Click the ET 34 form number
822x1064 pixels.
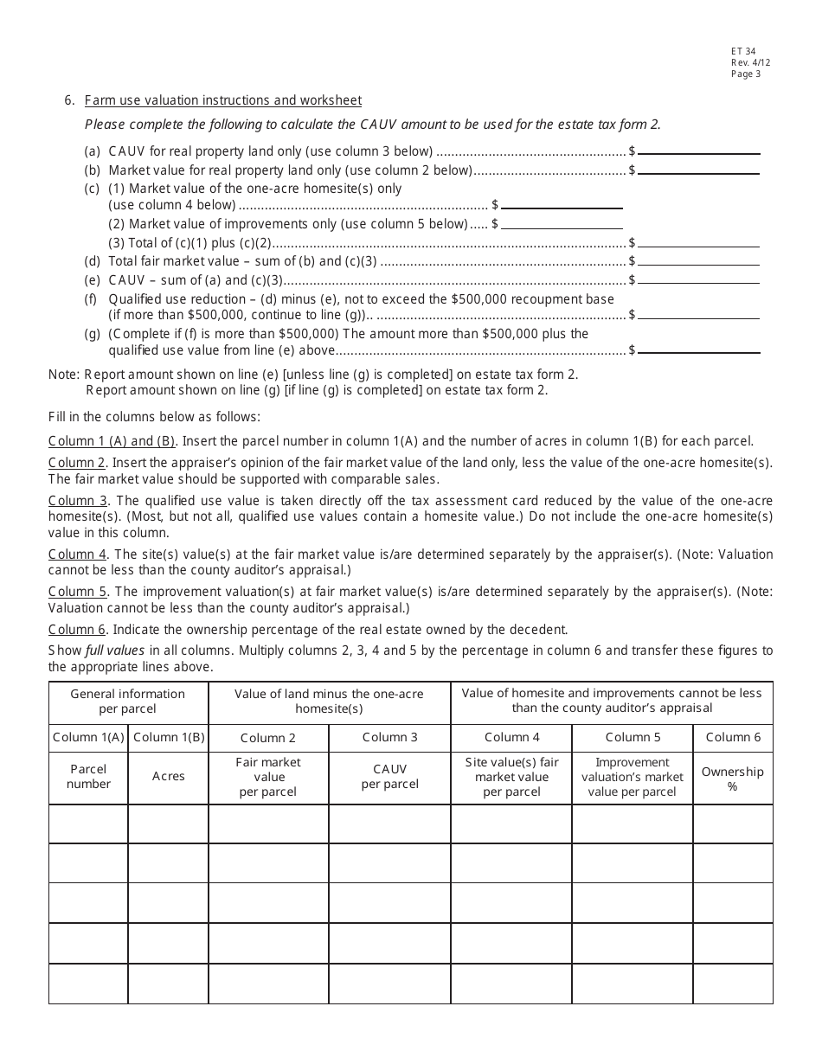(743, 52)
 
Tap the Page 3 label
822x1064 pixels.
(746, 74)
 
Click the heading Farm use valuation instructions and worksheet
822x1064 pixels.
(223, 100)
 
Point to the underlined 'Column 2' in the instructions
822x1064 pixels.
(77, 463)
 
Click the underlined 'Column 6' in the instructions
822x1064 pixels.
(77, 629)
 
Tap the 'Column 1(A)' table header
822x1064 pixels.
(88, 737)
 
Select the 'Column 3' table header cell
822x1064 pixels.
(389, 737)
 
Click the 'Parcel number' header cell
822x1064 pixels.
(88, 777)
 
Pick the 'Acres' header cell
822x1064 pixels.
(169, 777)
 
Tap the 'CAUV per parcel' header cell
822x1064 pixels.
(389, 777)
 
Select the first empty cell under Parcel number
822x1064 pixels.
(88, 824)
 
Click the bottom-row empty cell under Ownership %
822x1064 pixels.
(732, 984)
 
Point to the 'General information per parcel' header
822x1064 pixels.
(128, 701)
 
